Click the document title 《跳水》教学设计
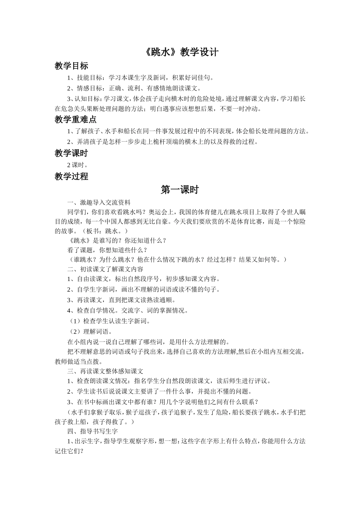182,52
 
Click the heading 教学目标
71,66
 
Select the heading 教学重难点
75,120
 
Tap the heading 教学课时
71,153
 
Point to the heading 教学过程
71,176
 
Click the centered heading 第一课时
180,190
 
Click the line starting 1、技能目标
141,78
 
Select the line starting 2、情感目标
134,89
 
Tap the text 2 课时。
78,165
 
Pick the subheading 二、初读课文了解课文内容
105,269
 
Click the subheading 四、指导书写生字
92,431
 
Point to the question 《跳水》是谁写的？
96,240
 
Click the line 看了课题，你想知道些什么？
107,250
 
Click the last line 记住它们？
69,451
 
